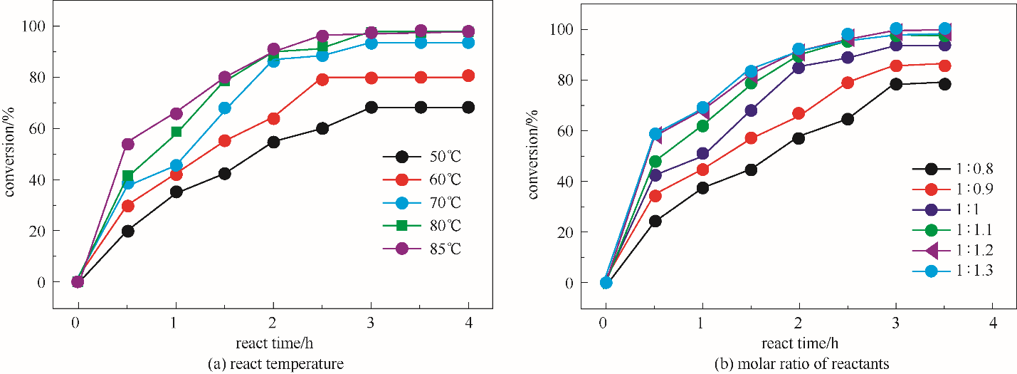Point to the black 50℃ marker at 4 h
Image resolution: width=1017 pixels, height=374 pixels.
click(468, 108)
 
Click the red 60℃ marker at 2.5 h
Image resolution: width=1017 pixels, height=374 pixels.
click(322, 80)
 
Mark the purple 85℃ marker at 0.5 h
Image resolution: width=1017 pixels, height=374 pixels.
click(128, 144)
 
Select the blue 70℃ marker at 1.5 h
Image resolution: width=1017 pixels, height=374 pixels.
click(225, 108)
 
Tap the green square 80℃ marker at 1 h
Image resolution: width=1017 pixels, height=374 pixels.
click(176, 132)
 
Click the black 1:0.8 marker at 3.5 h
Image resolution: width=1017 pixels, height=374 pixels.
click(944, 83)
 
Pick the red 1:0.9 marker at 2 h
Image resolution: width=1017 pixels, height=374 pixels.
click(799, 113)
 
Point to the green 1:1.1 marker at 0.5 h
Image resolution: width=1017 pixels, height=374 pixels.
click(654, 161)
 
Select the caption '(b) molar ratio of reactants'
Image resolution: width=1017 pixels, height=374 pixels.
click(799, 365)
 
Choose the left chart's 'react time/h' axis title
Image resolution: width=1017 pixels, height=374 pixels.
click(273, 344)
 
